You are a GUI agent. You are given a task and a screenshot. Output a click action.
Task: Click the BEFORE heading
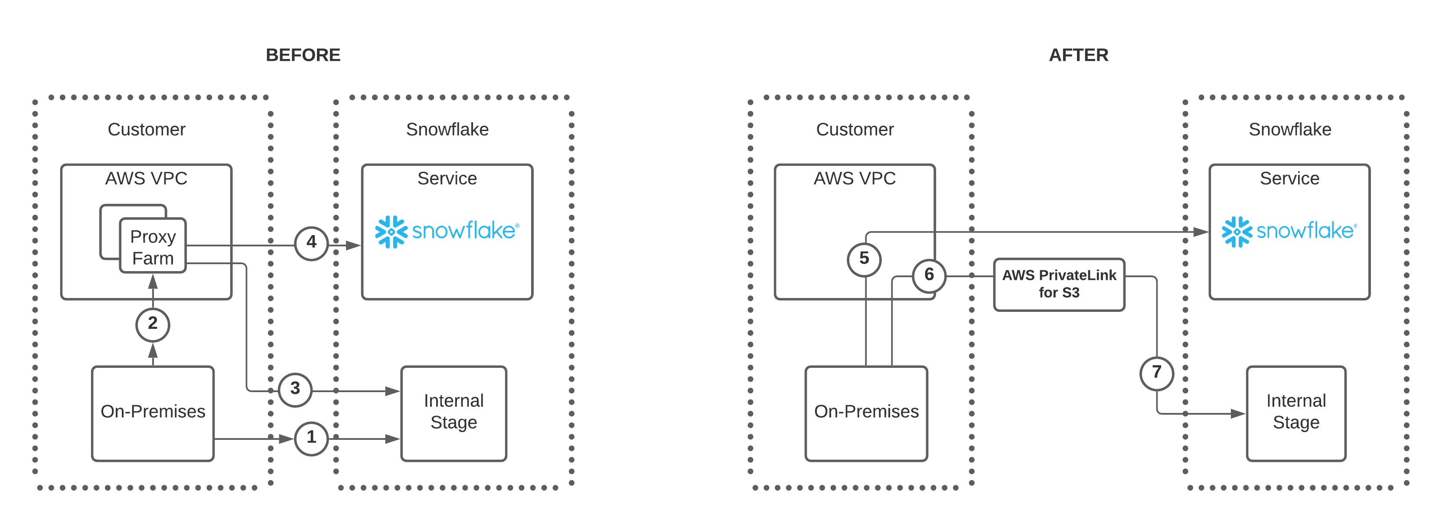click(303, 55)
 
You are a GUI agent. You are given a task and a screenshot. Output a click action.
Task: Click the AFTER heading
click(1078, 55)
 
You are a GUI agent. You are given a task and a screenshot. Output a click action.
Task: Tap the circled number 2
click(153, 324)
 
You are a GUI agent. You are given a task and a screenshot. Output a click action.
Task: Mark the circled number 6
click(928, 275)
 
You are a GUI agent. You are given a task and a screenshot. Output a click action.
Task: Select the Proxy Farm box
click(153, 246)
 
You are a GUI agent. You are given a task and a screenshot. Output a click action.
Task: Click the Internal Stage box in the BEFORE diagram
click(454, 413)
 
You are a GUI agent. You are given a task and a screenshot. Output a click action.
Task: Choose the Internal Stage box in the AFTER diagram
click(1295, 413)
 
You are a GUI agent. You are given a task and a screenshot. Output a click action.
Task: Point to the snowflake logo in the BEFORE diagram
click(447, 231)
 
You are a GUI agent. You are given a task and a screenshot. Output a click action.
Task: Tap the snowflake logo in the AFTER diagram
click(1289, 231)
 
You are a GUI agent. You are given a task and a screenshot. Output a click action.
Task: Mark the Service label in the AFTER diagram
click(1289, 179)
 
